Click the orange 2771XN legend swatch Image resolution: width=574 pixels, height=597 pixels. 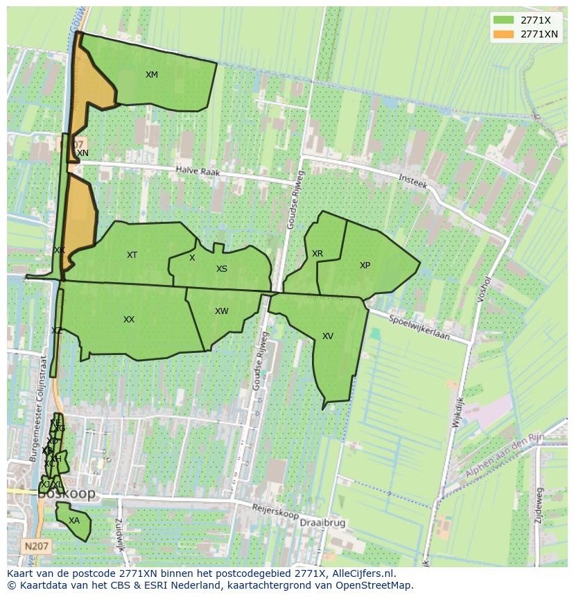[x=504, y=34]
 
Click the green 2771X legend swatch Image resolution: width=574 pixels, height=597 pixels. [x=504, y=20]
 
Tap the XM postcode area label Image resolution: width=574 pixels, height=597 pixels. [x=152, y=75]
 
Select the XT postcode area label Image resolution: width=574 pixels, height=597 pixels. [x=132, y=255]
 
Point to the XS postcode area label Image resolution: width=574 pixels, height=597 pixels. [x=221, y=269]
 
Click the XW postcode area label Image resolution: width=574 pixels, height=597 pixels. [x=221, y=311]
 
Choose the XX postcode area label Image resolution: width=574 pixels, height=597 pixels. [x=129, y=320]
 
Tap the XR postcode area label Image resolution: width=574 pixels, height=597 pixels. [x=318, y=254]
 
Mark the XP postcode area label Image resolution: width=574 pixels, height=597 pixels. [x=365, y=266]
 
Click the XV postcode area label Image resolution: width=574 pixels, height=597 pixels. [x=328, y=336]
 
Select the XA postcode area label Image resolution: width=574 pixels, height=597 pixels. [x=74, y=521]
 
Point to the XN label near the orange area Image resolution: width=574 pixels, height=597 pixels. [x=82, y=153]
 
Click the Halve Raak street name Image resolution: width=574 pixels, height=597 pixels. [x=197, y=171]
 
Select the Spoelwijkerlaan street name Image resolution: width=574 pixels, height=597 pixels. [x=419, y=329]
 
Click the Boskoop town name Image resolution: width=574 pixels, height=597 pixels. [x=67, y=494]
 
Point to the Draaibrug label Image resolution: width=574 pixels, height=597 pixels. [x=323, y=522]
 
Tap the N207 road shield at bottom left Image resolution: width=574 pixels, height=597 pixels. [x=35, y=546]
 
